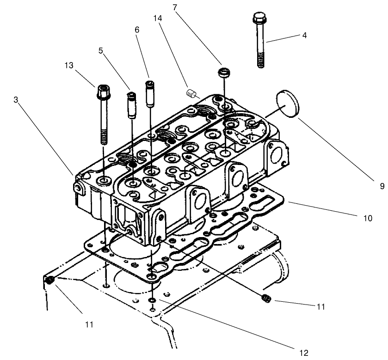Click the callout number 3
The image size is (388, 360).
[17, 100]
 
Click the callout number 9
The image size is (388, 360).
[382, 187]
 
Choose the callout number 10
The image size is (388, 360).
[368, 218]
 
